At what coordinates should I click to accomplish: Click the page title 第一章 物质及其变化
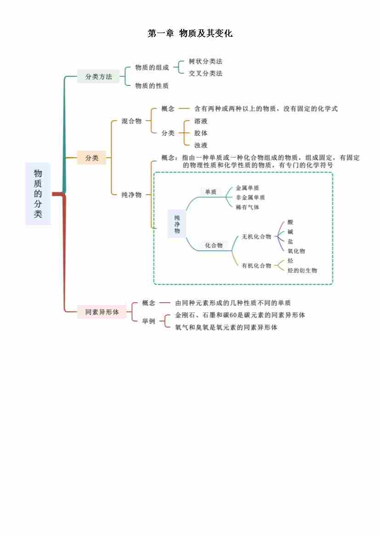(x=190, y=34)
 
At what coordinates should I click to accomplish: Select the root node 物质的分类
(x=38, y=193)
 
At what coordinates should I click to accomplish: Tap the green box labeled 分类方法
(x=98, y=77)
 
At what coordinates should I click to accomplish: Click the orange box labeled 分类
(x=91, y=158)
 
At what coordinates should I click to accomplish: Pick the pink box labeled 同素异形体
(x=102, y=312)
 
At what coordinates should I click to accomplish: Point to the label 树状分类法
(x=205, y=62)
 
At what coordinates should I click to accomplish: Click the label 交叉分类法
(x=205, y=73)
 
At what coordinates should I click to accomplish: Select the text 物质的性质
(x=152, y=86)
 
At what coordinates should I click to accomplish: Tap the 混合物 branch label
(x=131, y=121)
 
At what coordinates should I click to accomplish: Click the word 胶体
(x=201, y=133)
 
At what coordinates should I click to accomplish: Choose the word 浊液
(x=201, y=145)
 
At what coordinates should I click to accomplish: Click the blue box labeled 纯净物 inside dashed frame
(x=177, y=224)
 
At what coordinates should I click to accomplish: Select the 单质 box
(x=210, y=192)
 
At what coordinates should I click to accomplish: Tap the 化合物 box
(x=214, y=246)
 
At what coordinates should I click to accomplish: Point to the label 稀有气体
(x=247, y=207)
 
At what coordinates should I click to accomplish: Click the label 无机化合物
(x=256, y=237)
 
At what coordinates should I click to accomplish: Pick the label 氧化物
(x=296, y=251)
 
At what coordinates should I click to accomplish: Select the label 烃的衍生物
(x=302, y=271)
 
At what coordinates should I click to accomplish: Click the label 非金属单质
(x=250, y=198)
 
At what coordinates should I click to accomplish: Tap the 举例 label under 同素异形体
(x=149, y=321)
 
